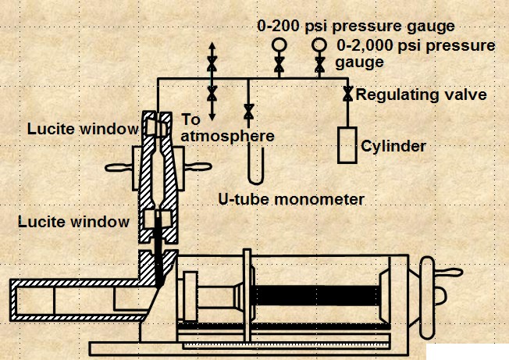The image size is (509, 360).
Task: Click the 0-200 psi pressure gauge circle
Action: click(x=278, y=45)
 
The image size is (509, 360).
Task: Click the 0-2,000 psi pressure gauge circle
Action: click(x=319, y=45)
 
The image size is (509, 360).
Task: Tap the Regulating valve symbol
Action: click(x=346, y=94)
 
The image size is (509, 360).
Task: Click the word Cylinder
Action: click(x=393, y=146)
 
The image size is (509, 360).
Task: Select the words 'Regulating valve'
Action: click(x=422, y=95)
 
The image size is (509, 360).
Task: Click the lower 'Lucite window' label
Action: click(x=74, y=222)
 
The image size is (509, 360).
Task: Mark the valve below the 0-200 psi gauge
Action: click(x=278, y=68)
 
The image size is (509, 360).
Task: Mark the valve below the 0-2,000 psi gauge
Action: click(x=319, y=68)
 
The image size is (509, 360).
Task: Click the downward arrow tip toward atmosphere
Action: click(x=212, y=117)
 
